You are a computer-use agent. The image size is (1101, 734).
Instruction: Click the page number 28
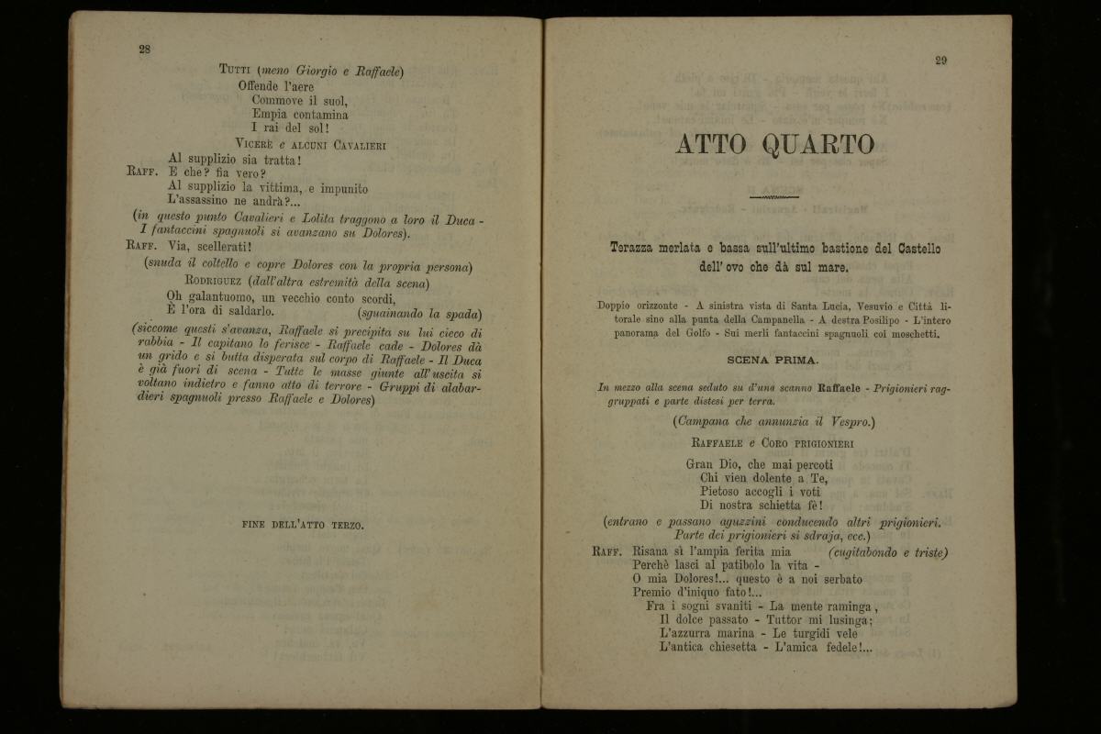click(144, 50)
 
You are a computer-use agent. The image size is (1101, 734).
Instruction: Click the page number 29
click(940, 61)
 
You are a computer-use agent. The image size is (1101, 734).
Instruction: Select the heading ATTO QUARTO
click(774, 145)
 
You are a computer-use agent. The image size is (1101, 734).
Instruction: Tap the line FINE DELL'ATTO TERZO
click(303, 526)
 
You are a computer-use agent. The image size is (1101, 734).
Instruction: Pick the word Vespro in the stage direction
click(848, 421)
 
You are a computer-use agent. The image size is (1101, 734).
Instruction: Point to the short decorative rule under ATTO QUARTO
click(774, 195)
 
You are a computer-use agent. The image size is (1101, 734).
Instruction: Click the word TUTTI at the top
click(237, 71)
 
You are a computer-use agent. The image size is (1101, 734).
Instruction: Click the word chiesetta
click(721, 647)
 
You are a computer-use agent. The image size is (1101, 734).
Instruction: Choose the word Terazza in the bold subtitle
click(637, 249)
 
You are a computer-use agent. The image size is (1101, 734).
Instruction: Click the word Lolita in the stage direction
click(321, 219)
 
